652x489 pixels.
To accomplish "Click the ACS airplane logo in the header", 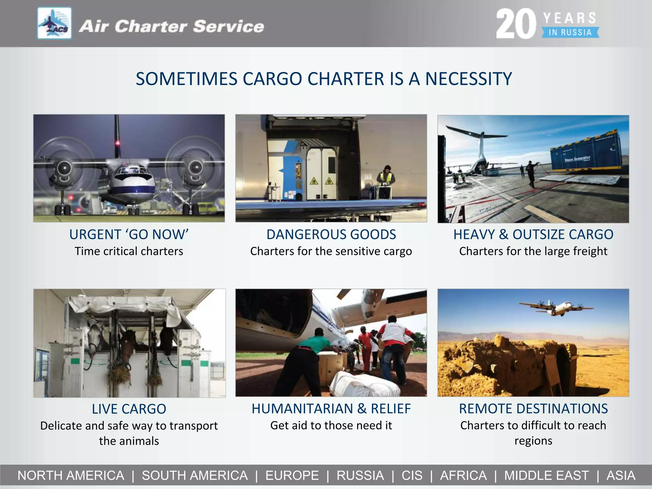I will pos(54,23).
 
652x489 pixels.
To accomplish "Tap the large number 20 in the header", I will pos(516,24).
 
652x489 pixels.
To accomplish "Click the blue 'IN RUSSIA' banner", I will pos(570,32).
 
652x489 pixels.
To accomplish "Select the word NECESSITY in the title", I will pos(468,79).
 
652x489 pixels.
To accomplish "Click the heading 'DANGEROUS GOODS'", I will pos(331,235).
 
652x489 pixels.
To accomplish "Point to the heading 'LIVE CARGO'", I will pos(129,409).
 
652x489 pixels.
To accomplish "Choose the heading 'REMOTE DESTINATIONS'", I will pos(533,409).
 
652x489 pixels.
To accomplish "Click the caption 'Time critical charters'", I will pos(129,251).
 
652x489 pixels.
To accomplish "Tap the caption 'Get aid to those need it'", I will pos(331,425).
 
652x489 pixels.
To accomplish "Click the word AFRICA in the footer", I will pos(463,475).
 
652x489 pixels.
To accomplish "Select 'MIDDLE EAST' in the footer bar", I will pos(546,475).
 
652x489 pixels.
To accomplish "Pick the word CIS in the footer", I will pos(412,475).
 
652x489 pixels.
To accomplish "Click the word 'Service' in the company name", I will pos(228,26).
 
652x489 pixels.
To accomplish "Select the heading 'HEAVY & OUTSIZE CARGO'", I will pos(533,235).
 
